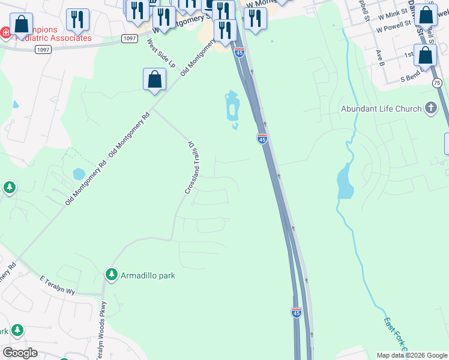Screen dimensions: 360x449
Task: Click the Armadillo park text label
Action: (x=148, y=275)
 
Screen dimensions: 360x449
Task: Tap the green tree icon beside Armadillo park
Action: (x=111, y=275)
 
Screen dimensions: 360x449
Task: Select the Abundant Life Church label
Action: (x=381, y=109)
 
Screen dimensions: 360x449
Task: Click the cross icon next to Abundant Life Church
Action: (x=430, y=108)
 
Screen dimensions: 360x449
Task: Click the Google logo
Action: (x=20, y=353)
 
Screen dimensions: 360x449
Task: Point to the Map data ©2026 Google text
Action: (x=412, y=355)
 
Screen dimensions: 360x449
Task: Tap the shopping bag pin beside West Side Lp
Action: (x=154, y=79)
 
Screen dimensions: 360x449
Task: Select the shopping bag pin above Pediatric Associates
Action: (x=21, y=25)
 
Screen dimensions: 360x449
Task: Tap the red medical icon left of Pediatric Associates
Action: (x=4, y=32)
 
